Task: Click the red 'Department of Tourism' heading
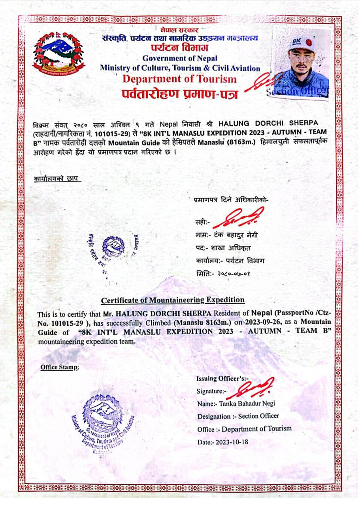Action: click(179, 79)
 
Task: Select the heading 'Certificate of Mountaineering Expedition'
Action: click(173, 300)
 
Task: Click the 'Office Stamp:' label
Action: click(60, 367)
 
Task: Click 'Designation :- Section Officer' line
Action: click(238, 416)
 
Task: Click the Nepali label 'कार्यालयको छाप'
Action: click(57, 179)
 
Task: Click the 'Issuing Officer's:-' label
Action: click(222, 379)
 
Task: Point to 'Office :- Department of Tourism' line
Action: click(245, 429)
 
